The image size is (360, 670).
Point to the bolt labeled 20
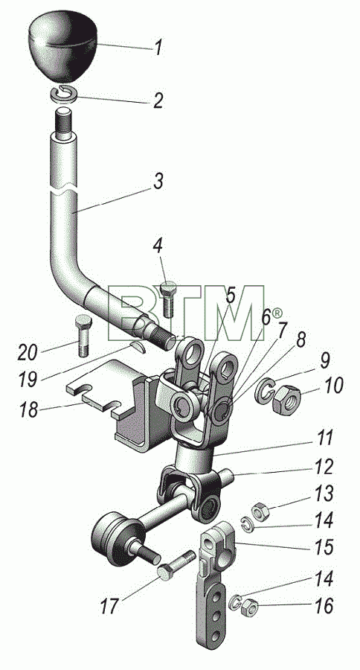[83, 336]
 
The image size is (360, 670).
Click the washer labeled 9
[266, 389]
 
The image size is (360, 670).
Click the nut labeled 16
[248, 607]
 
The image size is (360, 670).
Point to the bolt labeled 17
[175, 564]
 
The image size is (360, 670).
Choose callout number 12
[323, 467]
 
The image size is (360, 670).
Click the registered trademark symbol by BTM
[277, 313]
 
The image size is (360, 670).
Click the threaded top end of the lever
[64, 122]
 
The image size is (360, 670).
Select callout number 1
[158, 48]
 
